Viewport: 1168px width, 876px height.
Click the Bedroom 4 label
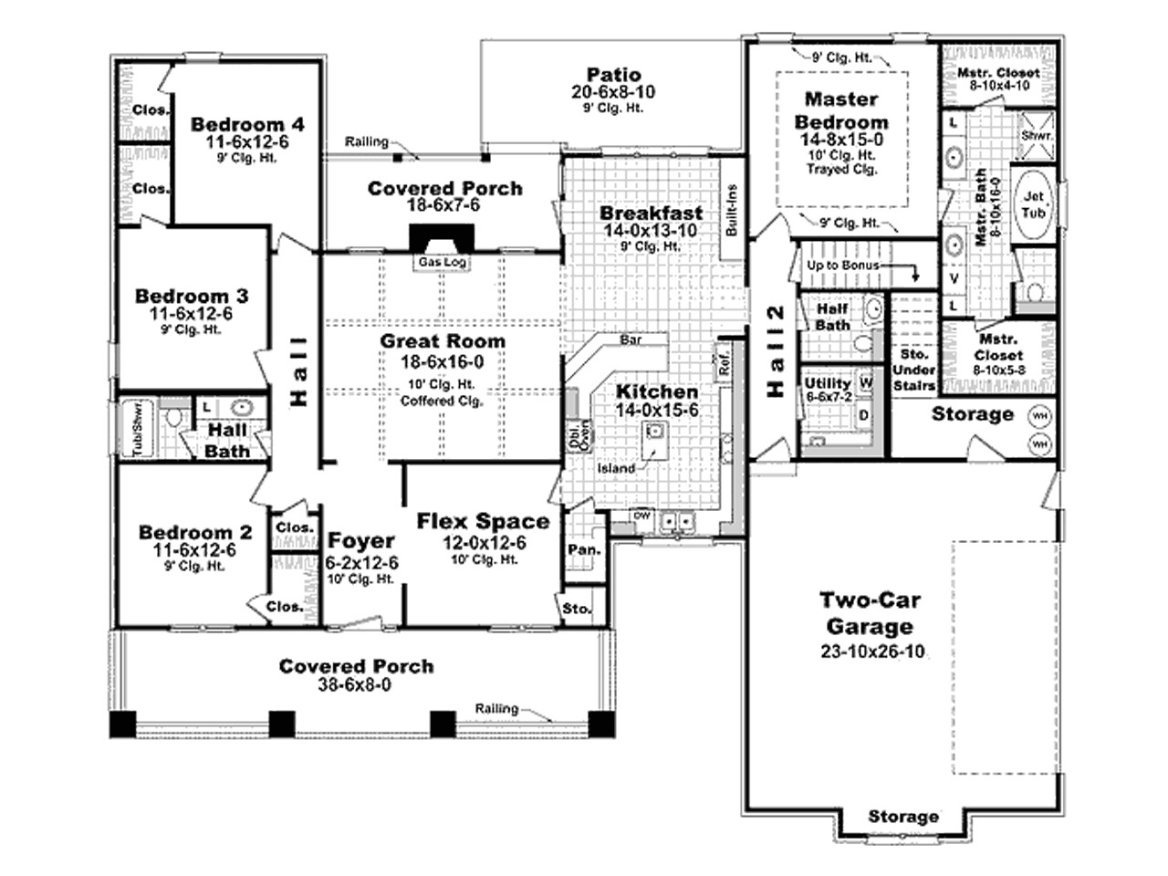[247, 125]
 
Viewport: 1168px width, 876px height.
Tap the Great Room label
[443, 341]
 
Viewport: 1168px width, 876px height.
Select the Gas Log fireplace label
[443, 263]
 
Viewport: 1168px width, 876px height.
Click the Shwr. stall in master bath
[1037, 135]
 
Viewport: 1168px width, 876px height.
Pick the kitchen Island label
[616, 468]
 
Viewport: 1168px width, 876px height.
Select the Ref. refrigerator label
[725, 364]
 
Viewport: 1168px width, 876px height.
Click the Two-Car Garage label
[869, 613]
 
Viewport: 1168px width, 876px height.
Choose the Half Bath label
[832, 317]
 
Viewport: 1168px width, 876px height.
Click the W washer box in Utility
[865, 384]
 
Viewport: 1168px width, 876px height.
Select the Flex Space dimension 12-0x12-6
[483, 543]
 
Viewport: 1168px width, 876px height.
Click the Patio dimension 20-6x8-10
[613, 92]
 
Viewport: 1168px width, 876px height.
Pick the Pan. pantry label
[583, 549]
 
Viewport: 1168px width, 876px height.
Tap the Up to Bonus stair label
[842, 266]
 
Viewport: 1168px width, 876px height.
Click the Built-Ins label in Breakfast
[732, 212]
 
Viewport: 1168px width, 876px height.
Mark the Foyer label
[361, 540]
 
